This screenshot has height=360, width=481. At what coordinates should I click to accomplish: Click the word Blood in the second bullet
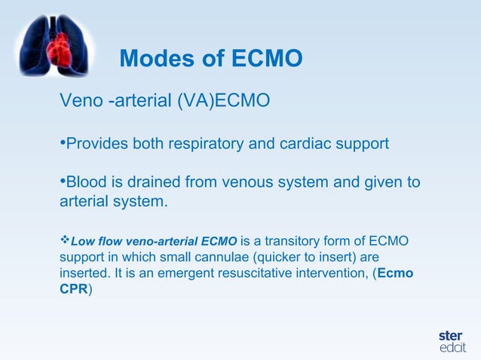coord(87,183)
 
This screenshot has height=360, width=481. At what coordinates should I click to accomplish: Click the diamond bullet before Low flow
coord(64,241)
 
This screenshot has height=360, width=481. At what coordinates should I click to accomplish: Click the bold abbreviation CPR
coord(73,288)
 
